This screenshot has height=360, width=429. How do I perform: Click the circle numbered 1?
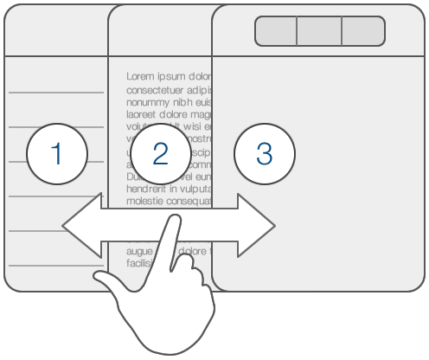point(57,153)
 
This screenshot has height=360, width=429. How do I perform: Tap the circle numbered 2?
point(159,153)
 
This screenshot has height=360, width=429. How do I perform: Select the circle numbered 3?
point(265,153)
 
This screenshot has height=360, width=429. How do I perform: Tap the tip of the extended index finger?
point(173,222)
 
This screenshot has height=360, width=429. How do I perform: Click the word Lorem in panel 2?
point(141,76)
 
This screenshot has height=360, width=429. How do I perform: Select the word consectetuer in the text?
point(157,89)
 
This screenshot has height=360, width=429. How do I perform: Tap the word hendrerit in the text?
point(146,188)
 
